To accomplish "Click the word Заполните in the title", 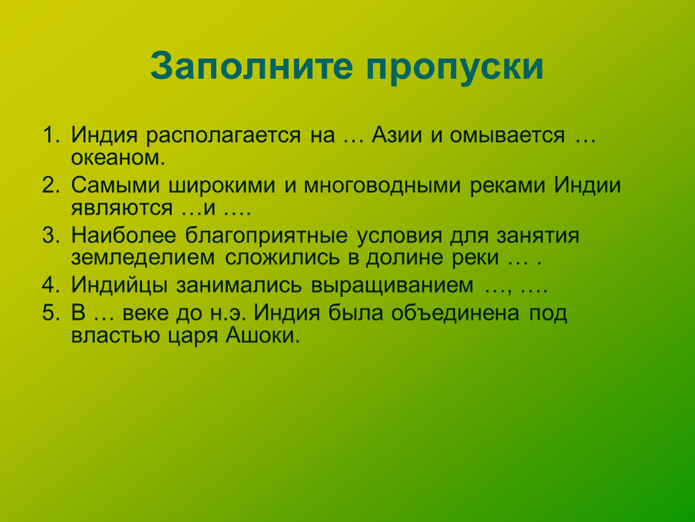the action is (252, 66).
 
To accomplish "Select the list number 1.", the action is (51, 135).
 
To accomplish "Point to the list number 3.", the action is (51, 235).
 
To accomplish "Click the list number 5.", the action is (51, 312).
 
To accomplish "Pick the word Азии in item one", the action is (396, 135).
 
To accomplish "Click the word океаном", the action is (118, 157).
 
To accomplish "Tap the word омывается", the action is (507, 135).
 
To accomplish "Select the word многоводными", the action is (382, 185).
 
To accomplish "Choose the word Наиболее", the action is (123, 235).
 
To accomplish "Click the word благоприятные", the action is (266, 236).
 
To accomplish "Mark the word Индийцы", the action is (119, 285).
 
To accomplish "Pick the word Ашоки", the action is (263, 335).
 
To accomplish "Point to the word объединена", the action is (454, 314).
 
